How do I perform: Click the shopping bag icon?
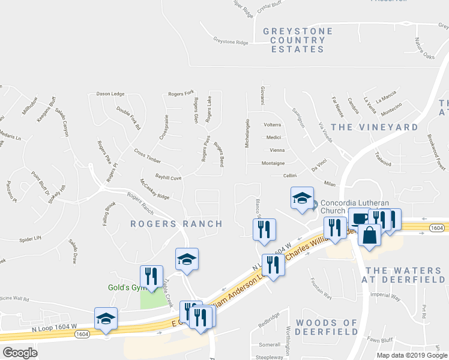[370, 235]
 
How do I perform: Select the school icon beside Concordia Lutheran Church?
[302, 199]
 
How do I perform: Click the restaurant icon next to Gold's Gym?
[151, 276]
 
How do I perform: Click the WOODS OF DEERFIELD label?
[328, 327]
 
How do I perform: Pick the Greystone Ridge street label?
[231, 41]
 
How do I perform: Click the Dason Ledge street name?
[110, 94]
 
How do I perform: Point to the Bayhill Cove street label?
[168, 176]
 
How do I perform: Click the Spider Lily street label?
[29, 238]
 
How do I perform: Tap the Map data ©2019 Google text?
[411, 355]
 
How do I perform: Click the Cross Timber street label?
[148, 156]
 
